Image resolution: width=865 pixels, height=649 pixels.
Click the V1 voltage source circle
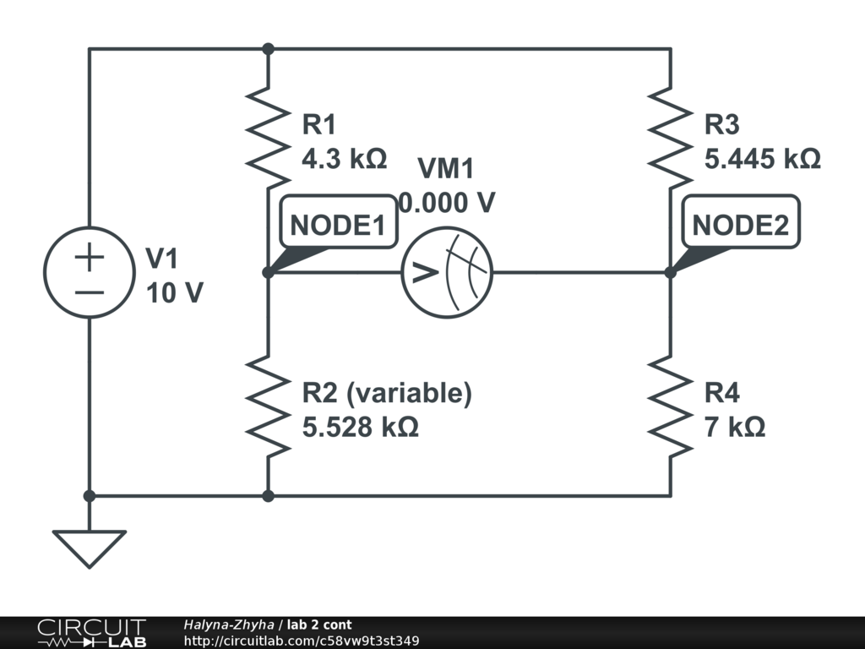(x=90, y=272)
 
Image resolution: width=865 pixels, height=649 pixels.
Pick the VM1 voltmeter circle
(x=446, y=272)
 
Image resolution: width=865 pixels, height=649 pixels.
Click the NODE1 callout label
(x=338, y=226)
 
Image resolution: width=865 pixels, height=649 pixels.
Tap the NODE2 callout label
(x=741, y=226)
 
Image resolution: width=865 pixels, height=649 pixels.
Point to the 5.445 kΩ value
(x=762, y=158)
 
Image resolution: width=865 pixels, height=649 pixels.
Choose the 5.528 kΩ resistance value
(x=360, y=427)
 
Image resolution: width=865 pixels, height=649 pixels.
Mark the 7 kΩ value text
(x=735, y=427)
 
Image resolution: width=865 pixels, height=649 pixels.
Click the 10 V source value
(x=175, y=292)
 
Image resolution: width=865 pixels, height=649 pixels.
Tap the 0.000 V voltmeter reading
(x=447, y=203)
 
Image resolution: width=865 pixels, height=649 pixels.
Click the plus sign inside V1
(x=90, y=257)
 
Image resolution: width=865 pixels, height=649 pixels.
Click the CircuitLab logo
(x=90, y=633)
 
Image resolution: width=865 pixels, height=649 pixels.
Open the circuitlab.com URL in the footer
(x=301, y=641)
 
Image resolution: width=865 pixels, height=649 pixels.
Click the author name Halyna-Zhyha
(x=228, y=625)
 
